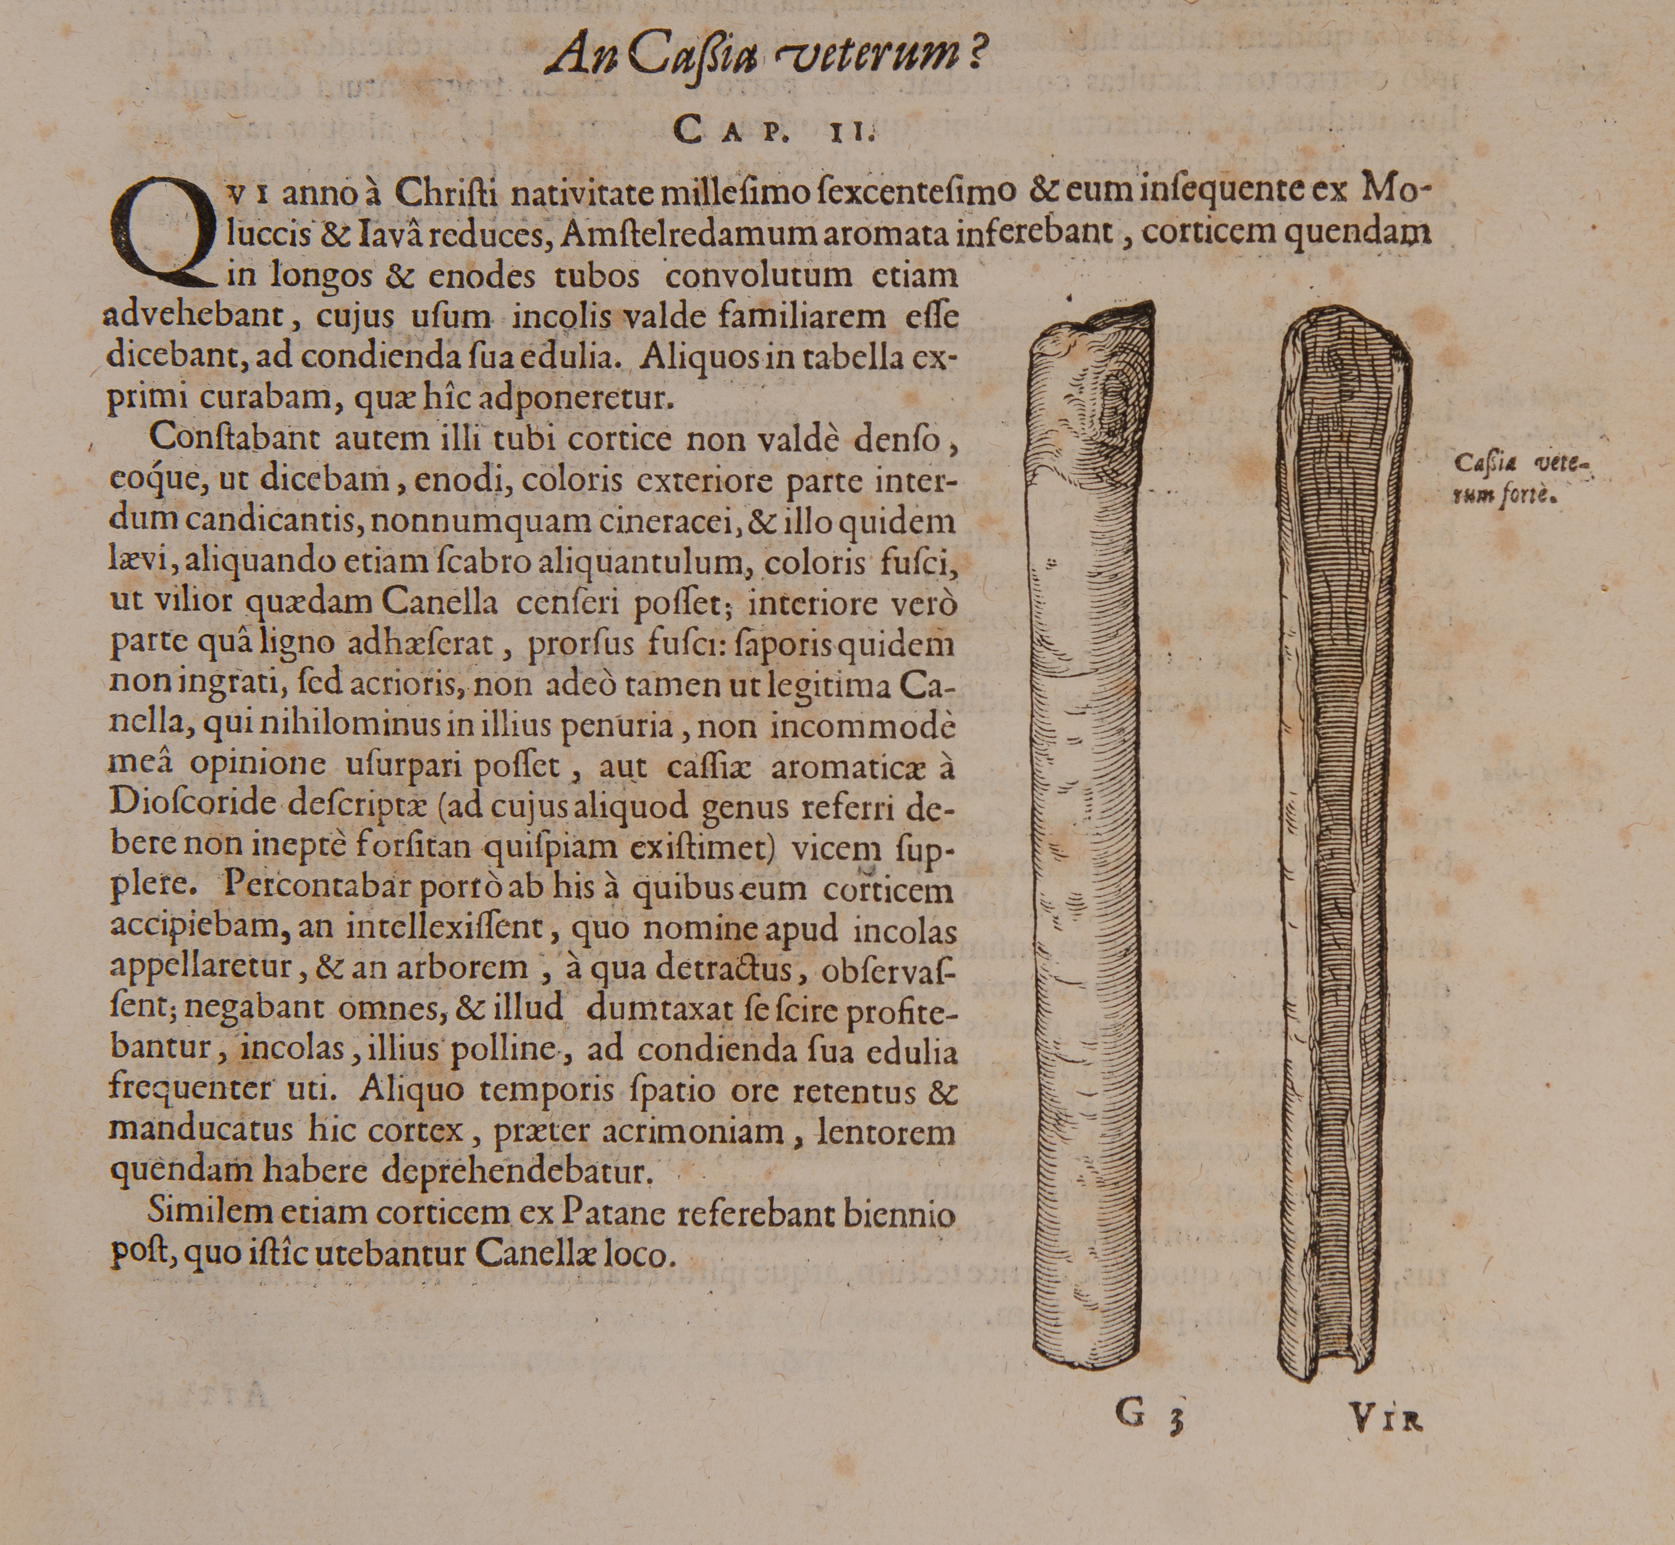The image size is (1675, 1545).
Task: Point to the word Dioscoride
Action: coord(193,805)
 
